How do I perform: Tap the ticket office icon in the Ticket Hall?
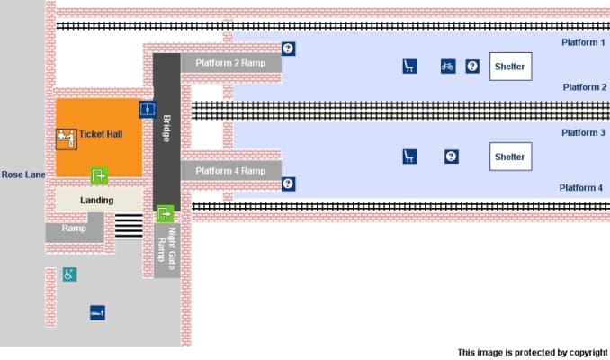[x=65, y=138]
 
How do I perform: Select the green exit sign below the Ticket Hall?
[x=99, y=175]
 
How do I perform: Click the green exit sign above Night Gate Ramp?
[x=165, y=213]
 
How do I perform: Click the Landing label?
[x=96, y=200]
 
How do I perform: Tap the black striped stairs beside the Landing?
[x=129, y=226]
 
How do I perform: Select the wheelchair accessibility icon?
[x=69, y=274]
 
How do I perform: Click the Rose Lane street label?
[x=23, y=175]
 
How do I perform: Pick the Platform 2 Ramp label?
[x=230, y=63]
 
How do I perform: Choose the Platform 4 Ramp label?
[x=230, y=171]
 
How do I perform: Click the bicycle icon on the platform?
[x=447, y=66]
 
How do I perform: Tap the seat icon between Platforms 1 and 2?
[x=409, y=66]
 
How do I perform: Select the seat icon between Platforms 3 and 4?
[x=409, y=157]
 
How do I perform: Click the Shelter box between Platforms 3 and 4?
[x=509, y=157]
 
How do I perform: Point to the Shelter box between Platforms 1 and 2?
[x=509, y=67]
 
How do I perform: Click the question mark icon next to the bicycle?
[x=472, y=66]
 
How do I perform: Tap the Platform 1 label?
[x=583, y=43]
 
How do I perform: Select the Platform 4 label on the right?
[x=580, y=188]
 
